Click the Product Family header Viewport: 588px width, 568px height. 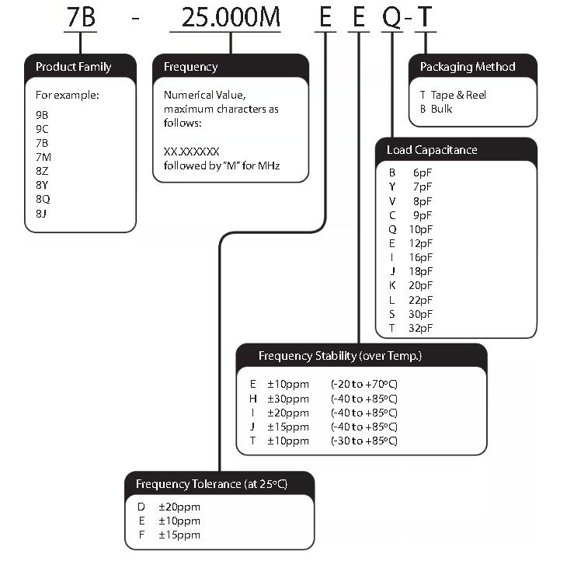click(x=73, y=67)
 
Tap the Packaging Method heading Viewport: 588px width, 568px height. click(x=467, y=67)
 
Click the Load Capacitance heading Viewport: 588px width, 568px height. click(x=432, y=149)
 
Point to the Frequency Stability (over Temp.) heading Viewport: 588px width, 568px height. click(x=340, y=356)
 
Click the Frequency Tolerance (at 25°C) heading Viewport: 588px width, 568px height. click(x=211, y=484)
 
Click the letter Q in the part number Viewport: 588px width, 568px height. click(x=394, y=18)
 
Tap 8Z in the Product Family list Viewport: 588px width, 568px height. click(x=43, y=171)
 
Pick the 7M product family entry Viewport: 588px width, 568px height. click(x=43, y=157)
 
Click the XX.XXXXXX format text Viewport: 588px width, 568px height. click(x=192, y=152)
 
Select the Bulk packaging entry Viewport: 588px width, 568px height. click(x=441, y=109)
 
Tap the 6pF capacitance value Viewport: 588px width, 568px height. click(x=423, y=172)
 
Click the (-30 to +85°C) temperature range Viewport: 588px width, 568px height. click(x=364, y=441)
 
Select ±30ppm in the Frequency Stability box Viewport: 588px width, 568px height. click(x=288, y=399)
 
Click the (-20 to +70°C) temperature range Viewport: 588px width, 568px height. click(x=364, y=384)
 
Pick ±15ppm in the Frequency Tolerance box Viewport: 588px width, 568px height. click(x=179, y=535)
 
